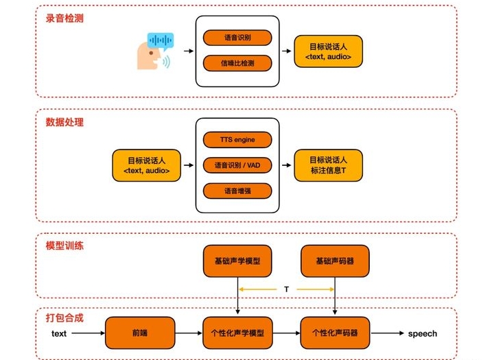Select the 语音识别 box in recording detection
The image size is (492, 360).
coord(237,38)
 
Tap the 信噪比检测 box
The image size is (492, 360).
coord(237,64)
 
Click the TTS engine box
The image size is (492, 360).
coord(237,140)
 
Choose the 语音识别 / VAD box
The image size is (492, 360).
coord(237,165)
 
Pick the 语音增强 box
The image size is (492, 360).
coord(237,191)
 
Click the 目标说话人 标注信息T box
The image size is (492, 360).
coord(328,165)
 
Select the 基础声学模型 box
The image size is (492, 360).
coord(237,261)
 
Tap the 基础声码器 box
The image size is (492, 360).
coord(335,261)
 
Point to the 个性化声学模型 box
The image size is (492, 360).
coord(237,333)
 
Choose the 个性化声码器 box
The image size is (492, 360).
coord(335,333)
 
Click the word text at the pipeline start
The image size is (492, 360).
coord(59,334)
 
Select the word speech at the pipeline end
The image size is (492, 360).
coord(422,334)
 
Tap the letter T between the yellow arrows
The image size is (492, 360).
coord(286,289)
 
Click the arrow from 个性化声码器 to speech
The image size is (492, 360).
coord(386,334)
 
